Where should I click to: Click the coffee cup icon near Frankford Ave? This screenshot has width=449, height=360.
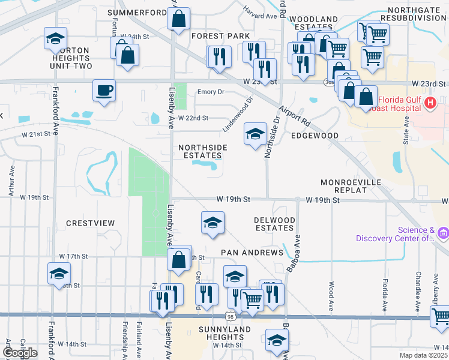point(104,91)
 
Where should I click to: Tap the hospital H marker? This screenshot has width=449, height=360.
point(430,104)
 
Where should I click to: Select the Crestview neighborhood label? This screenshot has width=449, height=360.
point(90,223)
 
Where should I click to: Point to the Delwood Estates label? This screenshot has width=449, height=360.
point(275,224)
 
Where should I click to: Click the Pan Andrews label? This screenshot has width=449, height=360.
point(252,253)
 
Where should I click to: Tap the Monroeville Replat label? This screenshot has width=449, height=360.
point(351,186)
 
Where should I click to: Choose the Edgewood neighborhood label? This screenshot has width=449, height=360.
point(315,136)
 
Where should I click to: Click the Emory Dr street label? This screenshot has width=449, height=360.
point(211,92)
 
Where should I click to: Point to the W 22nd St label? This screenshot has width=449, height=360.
point(193,118)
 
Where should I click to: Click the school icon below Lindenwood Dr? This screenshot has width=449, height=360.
point(255,134)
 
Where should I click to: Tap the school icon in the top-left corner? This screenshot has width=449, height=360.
point(55,40)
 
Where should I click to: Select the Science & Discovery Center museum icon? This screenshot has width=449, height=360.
point(443,232)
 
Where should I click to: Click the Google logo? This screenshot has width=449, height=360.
point(20,352)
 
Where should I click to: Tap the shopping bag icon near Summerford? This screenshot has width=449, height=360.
point(179,19)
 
